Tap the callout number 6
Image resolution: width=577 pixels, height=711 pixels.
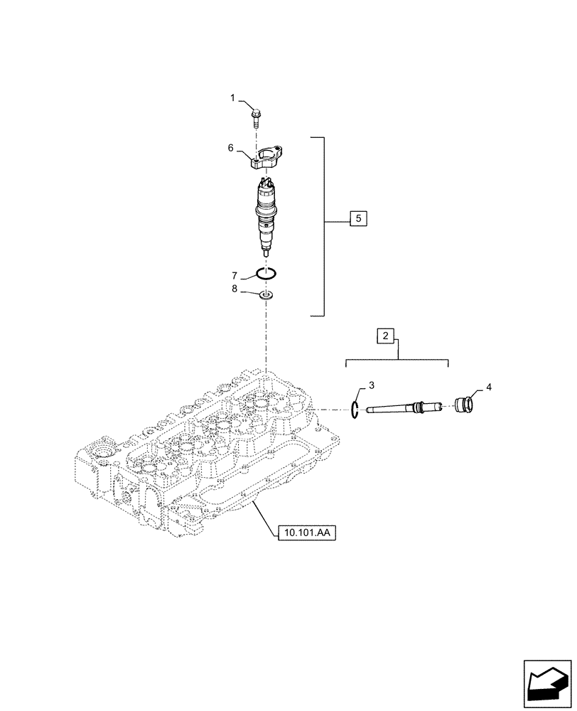point(230,147)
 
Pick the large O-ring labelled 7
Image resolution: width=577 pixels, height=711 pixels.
point(267,272)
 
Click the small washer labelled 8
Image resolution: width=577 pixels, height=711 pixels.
point(267,294)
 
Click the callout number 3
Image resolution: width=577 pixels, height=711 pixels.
point(370,386)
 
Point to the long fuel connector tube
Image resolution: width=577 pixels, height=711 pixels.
point(398,408)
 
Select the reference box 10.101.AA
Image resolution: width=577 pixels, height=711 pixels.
point(303,533)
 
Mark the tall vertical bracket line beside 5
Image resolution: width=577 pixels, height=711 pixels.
point(325,226)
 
